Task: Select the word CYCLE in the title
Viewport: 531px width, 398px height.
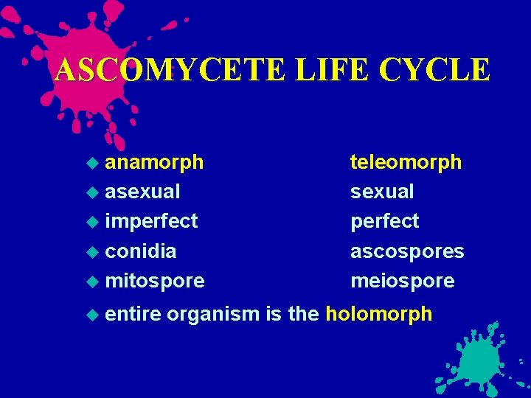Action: (x=434, y=70)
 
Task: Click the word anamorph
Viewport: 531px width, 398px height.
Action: (x=154, y=162)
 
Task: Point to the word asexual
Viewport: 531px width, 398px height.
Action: (x=142, y=192)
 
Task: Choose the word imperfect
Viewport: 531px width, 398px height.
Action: (x=151, y=221)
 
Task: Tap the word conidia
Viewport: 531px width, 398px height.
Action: (x=141, y=251)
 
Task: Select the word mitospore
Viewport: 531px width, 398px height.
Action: (x=155, y=281)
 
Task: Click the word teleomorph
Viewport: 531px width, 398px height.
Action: (x=406, y=162)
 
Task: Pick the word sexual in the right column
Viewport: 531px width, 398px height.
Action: (x=382, y=192)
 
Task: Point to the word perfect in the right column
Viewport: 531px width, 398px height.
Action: (x=384, y=221)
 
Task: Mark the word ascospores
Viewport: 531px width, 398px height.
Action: (x=407, y=251)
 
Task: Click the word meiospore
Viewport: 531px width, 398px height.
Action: (x=403, y=281)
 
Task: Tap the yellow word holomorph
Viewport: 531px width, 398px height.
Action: (x=378, y=314)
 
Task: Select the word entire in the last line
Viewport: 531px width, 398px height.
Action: (x=133, y=314)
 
